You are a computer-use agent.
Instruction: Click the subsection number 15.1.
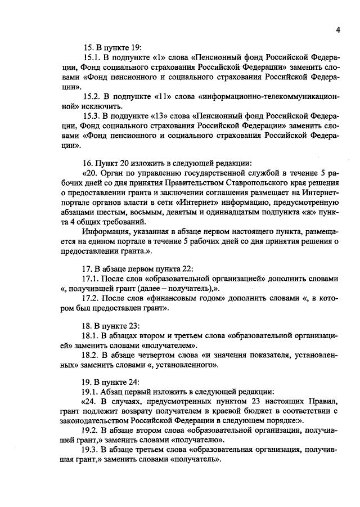coord(91,57)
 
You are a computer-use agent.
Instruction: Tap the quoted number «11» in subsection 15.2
coord(150,97)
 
